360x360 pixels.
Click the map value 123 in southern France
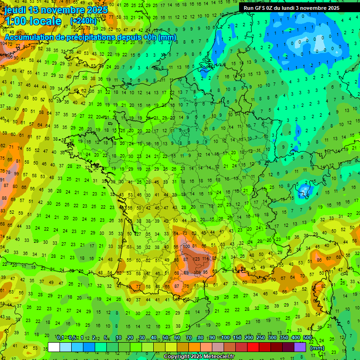pos(196,259)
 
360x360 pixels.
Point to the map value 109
pos(197,272)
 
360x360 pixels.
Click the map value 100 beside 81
pos(187,246)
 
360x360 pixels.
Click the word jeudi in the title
pos(15,10)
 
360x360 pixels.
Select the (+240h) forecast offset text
pos(83,21)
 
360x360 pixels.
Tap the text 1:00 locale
pos(33,21)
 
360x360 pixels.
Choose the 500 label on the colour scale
pos(307,337)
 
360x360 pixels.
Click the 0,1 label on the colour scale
pos(60,337)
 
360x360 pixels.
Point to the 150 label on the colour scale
pos(237,337)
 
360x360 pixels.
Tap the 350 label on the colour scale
pos(284,337)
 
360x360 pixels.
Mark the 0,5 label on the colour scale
pos(72,337)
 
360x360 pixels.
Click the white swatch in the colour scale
pos(54,347)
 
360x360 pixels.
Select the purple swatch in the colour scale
pos(300,347)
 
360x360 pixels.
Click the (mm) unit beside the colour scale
pos(317,348)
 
